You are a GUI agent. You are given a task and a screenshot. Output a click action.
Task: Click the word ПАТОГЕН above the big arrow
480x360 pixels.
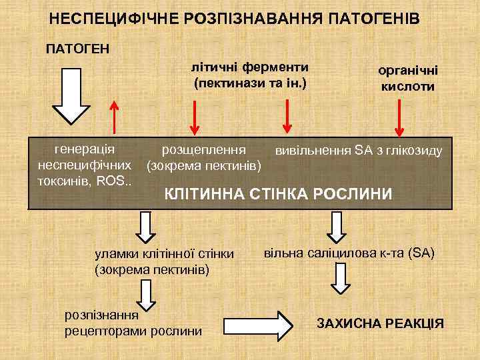[x=77, y=48]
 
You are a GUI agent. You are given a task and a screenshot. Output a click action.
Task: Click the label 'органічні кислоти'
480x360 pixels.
[x=408, y=77]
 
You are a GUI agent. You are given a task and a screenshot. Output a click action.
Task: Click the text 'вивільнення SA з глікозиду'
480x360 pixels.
[x=359, y=150]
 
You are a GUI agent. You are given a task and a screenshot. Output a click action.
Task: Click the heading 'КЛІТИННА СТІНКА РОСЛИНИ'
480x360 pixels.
[x=279, y=194]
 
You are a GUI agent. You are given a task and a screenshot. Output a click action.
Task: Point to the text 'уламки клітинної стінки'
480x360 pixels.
[x=164, y=253]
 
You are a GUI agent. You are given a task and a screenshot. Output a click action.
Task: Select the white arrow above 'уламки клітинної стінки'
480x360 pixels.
[x=145, y=227]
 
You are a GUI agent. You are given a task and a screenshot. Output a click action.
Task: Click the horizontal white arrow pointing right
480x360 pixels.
[x=257, y=324]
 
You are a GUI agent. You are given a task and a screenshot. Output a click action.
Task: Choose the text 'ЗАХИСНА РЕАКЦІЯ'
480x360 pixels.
[x=380, y=323]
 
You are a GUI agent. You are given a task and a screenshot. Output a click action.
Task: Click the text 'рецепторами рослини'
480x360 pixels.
[x=133, y=329]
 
